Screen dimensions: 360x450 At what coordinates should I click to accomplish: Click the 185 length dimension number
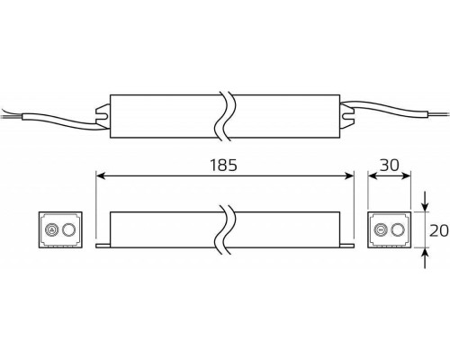point(224,165)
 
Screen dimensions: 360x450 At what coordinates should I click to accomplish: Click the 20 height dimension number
point(438,229)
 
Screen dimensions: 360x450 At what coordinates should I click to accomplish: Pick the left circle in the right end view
point(382,229)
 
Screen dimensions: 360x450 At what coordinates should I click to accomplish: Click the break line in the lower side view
point(225,229)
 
